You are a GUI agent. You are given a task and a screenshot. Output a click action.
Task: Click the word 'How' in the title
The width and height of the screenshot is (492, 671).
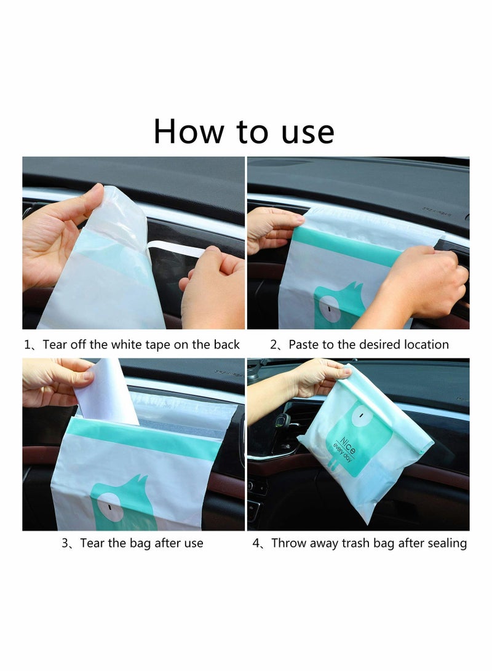pyautogui.click(x=189, y=131)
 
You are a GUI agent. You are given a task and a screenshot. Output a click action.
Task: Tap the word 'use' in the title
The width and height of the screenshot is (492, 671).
pyautogui.click(x=307, y=133)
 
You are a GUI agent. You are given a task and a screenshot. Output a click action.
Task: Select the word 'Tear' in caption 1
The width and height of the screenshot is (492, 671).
pyautogui.click(x=55, y=344)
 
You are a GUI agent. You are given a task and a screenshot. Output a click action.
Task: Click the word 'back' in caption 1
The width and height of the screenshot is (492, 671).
pyautogui.click(x=224, y=344)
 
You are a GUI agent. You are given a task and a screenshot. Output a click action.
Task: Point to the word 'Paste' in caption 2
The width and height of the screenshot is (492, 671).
pyautogui.click(x=303, y=344)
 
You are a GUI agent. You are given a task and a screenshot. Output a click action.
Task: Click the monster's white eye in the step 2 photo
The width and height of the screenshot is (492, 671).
pyautogui.click(x=330, y=308)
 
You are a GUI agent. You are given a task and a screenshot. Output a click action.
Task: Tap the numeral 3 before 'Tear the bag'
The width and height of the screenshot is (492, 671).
pyautogui.click(x=65, y=544)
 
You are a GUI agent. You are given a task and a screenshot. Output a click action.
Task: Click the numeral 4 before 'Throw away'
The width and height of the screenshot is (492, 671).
pyautogui.click(x=256, y=544)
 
